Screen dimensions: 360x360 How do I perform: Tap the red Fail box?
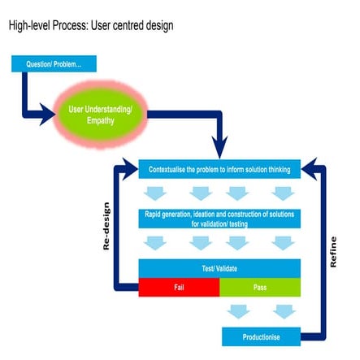(x=179, y=288)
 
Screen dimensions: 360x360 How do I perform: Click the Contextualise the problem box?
(x=220, y=170)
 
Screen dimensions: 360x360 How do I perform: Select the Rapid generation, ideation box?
(x=220, y=218)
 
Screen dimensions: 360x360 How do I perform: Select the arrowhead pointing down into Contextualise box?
(x=220, y=150)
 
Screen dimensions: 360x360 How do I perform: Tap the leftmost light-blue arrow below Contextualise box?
(x=155, y=193)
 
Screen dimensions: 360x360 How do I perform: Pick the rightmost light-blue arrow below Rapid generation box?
(x=282, y=241)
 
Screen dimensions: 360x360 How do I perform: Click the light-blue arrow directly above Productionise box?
(x=282, y=311)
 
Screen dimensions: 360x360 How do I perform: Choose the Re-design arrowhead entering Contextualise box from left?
(x=130, y=170)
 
